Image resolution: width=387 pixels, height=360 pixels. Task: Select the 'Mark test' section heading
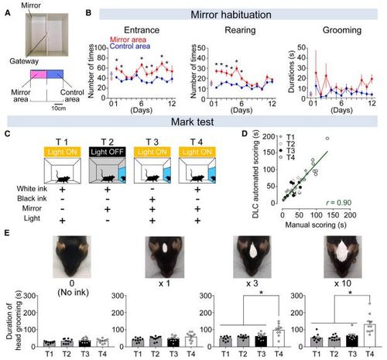coord(193,122)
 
